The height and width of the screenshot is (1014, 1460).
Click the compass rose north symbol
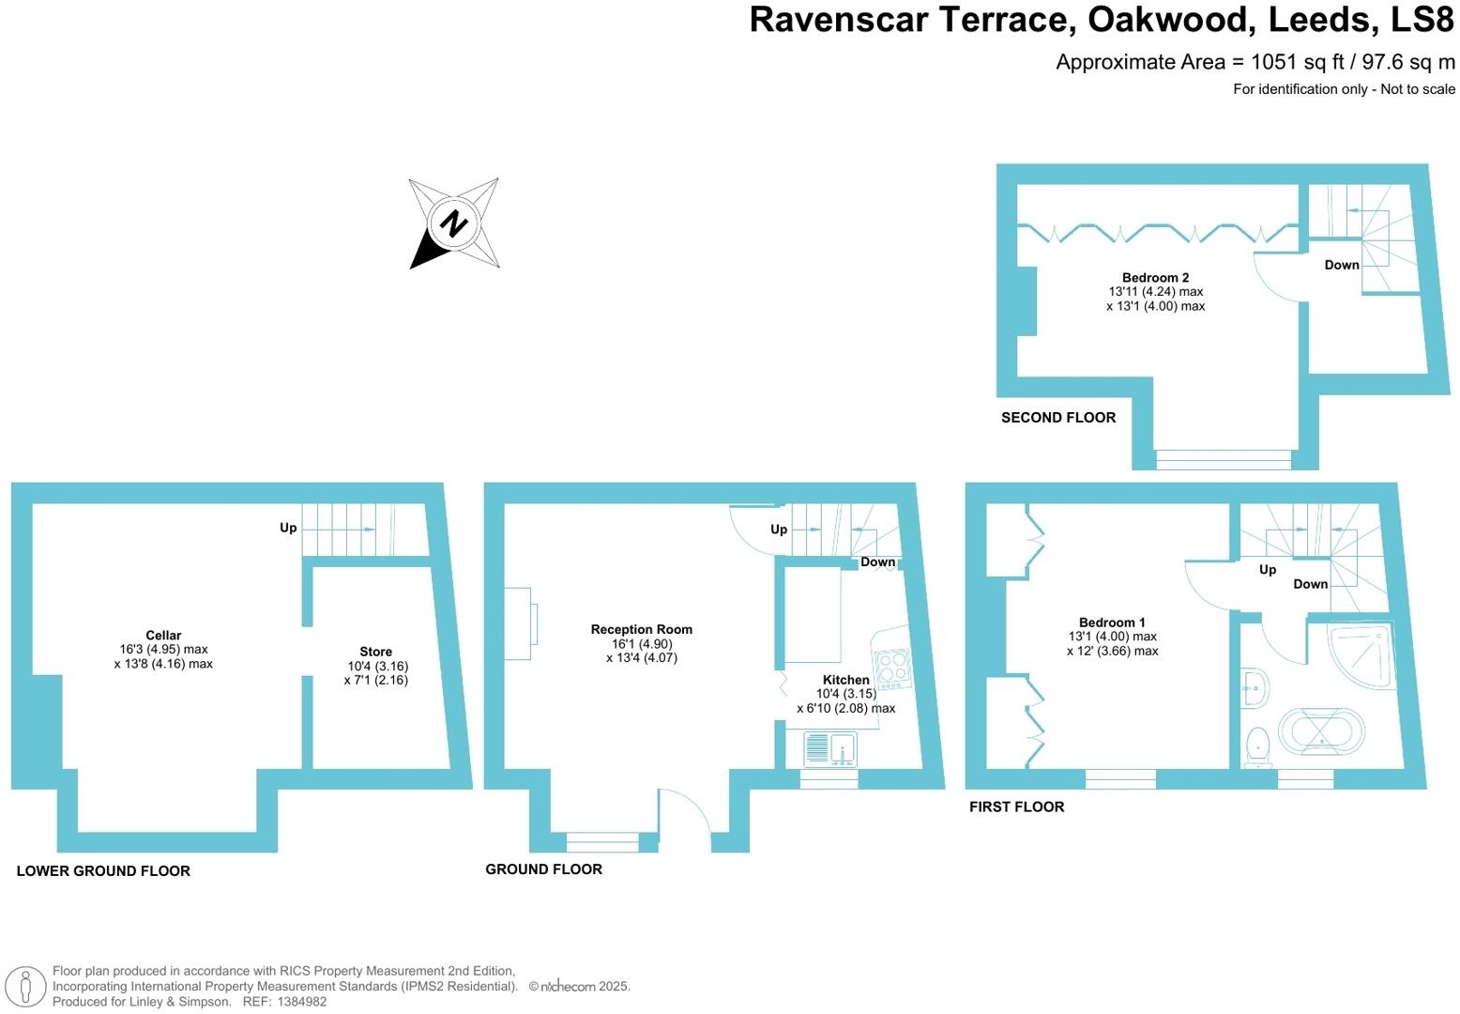coord(454,223)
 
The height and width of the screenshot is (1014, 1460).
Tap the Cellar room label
coord(163,636)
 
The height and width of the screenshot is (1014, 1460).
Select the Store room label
coord(375,652)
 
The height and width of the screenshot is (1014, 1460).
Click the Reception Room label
coord(642,630)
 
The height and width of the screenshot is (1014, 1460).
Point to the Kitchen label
coord(845,680)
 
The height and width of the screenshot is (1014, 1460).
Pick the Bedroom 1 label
coord(1112,622)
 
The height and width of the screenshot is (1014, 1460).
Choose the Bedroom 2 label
coord(1155,278)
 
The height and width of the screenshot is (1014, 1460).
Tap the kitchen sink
coord(830,749)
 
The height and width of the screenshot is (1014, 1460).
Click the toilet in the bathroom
coord(1256,745)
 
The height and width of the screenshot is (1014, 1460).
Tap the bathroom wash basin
coord(1254,689)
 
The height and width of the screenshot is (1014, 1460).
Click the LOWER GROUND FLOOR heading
coord(103,871)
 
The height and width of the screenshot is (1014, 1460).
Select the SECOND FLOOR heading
coord(1058,418)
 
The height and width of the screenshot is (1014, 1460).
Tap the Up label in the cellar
coord(288,528)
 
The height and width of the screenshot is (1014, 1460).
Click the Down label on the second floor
coord(1342,265)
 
